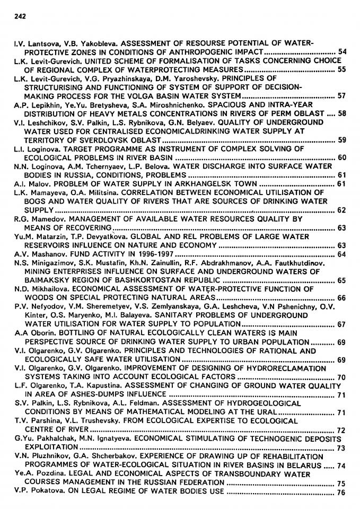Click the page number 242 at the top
(19, 16)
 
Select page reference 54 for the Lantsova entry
(341, 52)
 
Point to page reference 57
(341, 96)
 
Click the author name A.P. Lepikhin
(33, 105)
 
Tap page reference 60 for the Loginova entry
(341, 158)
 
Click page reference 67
(341, 324)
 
